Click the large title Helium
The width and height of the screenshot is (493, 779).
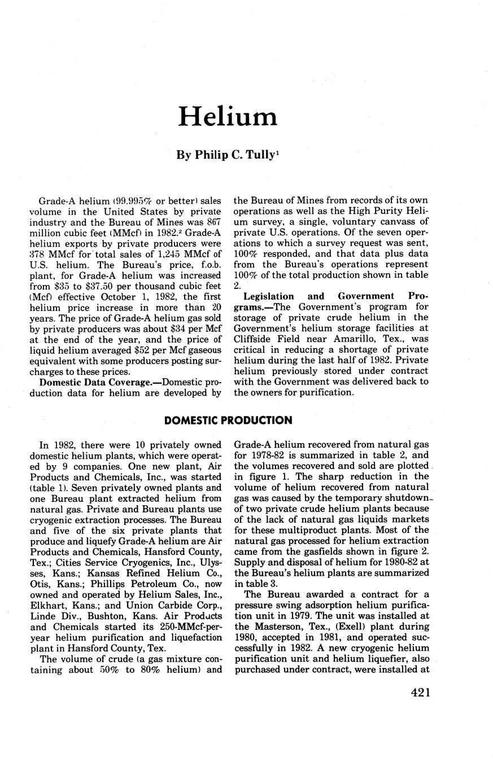tap(228, 117)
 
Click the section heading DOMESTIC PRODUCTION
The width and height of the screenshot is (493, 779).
tap(228, 420)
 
